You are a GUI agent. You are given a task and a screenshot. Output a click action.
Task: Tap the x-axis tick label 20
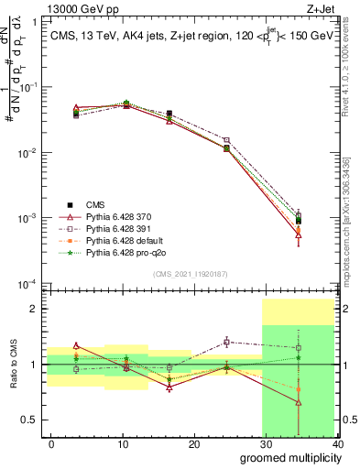pos(194,443)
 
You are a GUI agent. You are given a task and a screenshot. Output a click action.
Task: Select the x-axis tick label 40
pos(337,443)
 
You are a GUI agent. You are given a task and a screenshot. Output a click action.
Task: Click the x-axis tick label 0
pos(51,443)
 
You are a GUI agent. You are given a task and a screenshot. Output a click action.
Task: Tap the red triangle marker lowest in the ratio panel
pos(299,402)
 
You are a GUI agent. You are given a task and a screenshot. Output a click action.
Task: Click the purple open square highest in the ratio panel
pos(226,342)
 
